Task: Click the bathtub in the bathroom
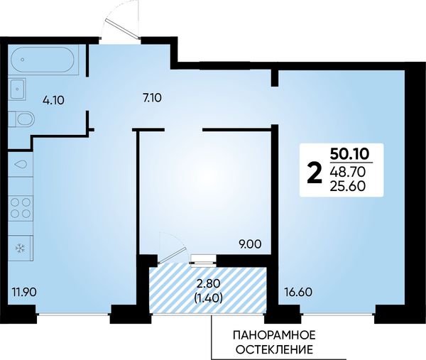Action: pyautogui.click(x=43, y=60)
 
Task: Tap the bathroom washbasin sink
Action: pyautogui.click(x=17, y=89)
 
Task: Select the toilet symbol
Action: pyautogui.click(x=22, y=119)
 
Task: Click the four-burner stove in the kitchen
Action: pyautogui.click(x=21, y=208)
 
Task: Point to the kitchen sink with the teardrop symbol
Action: pyautogui.click(x=21, y=164)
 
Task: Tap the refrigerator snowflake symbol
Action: pyautogui.click(x=20, y=248)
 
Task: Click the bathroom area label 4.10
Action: pyautogui.click(x=53, y=101)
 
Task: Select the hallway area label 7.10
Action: pyautogui.click(x=152, y=97)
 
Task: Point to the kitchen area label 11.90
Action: pyautogui.click(x=24, y=293)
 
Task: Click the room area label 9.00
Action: pyautogui.click(x=251, y=244)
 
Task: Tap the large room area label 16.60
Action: pyautogui.click(x=298, y=293)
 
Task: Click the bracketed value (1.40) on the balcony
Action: pyautogui.click(x=209, y=298)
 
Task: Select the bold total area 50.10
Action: pyautogui.click(x=349, y=154)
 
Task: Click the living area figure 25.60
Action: pyautogui.click(x=348, y=186)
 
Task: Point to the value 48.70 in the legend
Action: pyautogui.click(x=348, y=171)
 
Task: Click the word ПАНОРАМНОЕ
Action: pyautogui.click(x=274, y=335)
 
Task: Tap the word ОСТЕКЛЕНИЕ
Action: pyautogui.click(x=274, y=349)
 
